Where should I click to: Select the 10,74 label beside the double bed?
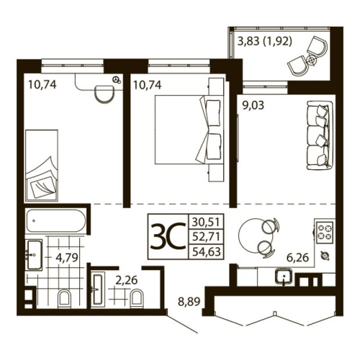146,84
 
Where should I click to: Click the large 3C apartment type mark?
167,235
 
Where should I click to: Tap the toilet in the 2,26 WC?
140,297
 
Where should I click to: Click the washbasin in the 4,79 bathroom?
33,254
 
